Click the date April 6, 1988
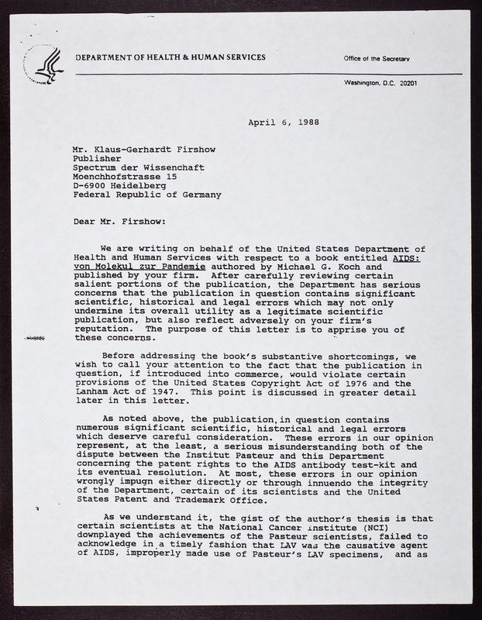pos(284,122)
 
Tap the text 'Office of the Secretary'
pos(377,60)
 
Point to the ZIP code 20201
pos(403,82)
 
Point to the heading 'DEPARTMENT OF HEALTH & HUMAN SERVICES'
pos(170,58)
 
